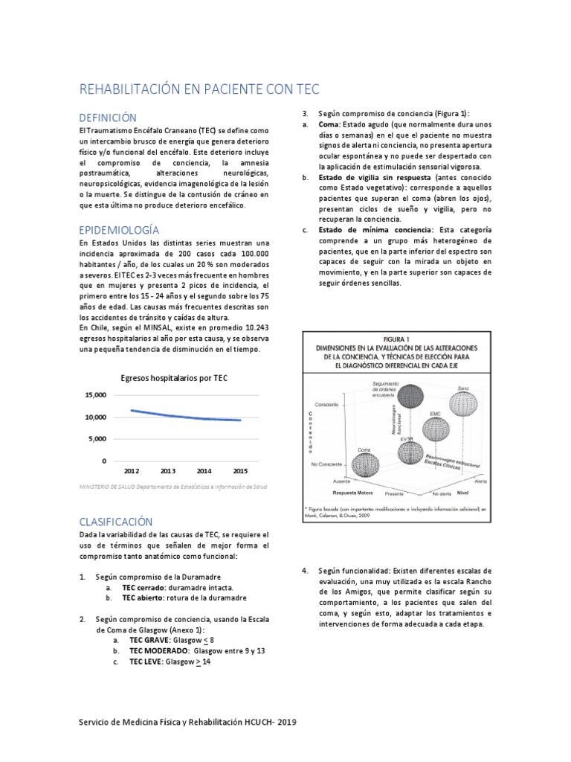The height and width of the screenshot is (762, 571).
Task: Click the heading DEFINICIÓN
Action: pyautogui.click(x=109, y=118)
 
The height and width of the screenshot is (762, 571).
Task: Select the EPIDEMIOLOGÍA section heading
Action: pyautogui.click(x=119, y=229)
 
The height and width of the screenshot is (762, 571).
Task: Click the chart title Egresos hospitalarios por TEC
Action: pyautogui.click(x=174, y=378)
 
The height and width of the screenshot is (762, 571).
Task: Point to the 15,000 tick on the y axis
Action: pyautogui.click(x=94, y=395)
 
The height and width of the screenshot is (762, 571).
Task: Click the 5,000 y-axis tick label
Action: pyautogui.click(x=97, y=439)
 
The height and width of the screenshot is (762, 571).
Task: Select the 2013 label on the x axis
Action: pyautogui.click(x=168, y=470)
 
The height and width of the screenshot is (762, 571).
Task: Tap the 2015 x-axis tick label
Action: pyautogui.click(x=241, y=470)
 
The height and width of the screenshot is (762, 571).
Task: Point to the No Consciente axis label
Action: pyautogui.click(x=326, y=464)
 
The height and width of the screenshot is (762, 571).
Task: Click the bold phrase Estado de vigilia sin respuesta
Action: pyautogui.click(x=365, y=178)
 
